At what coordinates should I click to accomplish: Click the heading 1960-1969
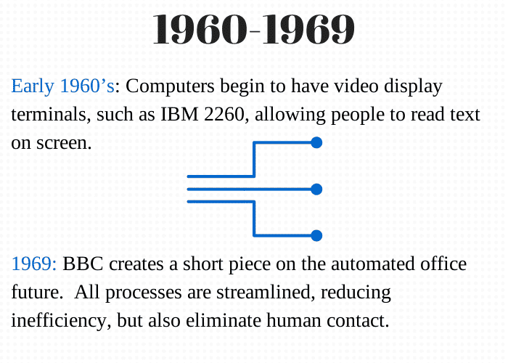254,30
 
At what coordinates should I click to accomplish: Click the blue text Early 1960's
63,86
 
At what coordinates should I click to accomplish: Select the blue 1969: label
34,264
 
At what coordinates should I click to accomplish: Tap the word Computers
170,86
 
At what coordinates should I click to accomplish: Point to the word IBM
179,115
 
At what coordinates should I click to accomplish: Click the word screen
64,144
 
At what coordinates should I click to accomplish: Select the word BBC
83,264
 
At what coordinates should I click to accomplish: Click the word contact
358,321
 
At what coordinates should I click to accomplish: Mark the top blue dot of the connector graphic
316,142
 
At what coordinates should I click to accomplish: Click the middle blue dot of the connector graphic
316,189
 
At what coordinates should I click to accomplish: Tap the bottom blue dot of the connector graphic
316,236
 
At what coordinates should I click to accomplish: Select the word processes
144,293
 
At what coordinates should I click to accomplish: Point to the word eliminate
224,321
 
